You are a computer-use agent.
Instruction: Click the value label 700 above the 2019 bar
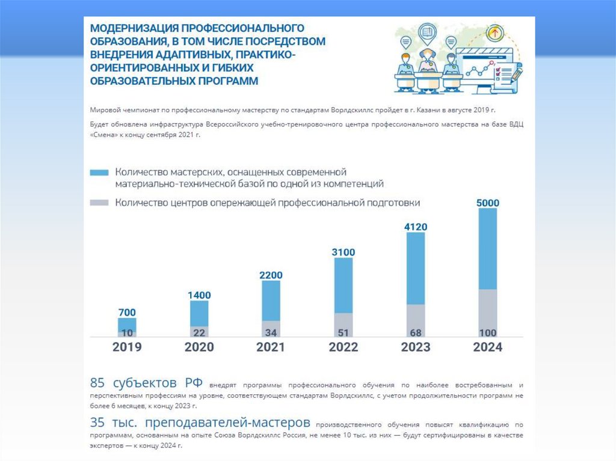pyautogui.click(x=127, y=313)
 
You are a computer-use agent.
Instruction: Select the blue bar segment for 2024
pyautogui.click(x=487, y=248)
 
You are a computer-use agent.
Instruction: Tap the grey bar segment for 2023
pyautogui.click(x=416, y=320)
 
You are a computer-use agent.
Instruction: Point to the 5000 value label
pyautogui.click(x=487, y=203)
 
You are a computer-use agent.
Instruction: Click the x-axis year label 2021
pyautogui.click(x=271, y=347)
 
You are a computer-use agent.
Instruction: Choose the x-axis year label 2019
pyautogui.click(x=127, y=347)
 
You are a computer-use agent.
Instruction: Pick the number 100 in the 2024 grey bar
pyautogui.click(x=487, y=332)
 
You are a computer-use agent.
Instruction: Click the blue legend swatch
pyautogui.click(x=99, y=172)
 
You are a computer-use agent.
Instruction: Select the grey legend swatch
pyautogui.click(x=99, y=203)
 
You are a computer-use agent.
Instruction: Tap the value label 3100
pyautogui.click(x=343, y=252)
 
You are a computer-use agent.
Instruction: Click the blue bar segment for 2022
pyautogui.click(x=343, y=285)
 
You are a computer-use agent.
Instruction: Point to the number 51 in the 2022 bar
pyautogui.click(x=343, y=332)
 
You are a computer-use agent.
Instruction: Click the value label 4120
pyautogui.click(x=416, y=227)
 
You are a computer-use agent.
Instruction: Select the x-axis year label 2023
pyautogui.click(x=416, y=347)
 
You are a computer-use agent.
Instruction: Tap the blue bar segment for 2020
pyautogui.click(x=199, y=313)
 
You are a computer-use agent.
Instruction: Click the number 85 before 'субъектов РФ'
pyautogui.click(x=98, y=383)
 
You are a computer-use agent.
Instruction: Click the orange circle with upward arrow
pyautogui.click(x=496, y=31)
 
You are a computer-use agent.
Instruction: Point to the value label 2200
pyautogui.click(x=271, y=275)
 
